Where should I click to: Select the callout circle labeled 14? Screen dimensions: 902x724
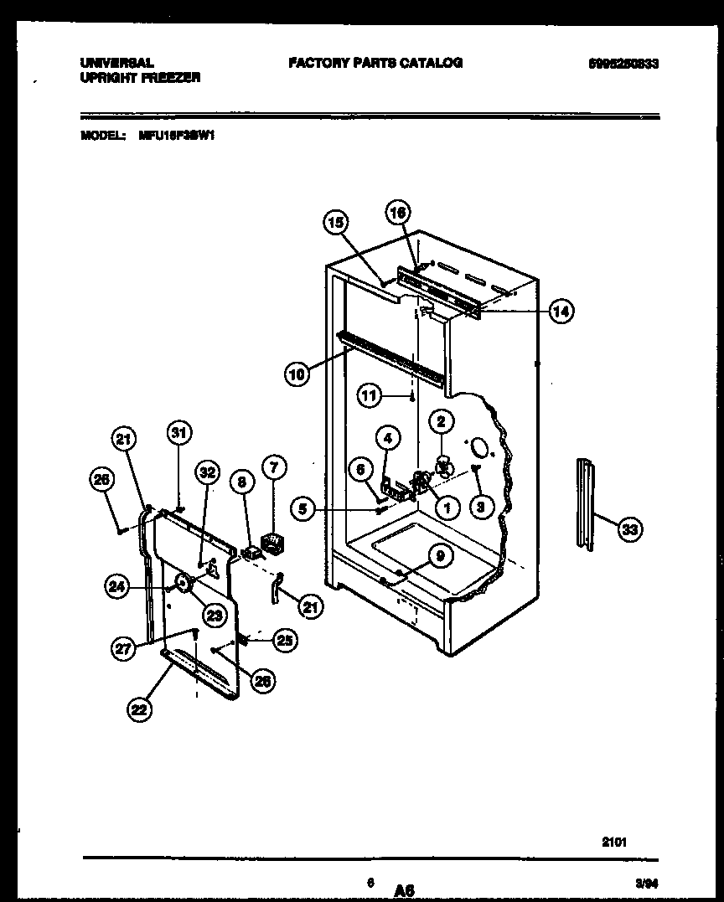point(561,312)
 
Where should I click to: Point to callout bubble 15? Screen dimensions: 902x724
point(335,222)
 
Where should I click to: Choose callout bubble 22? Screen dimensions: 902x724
point(139,709)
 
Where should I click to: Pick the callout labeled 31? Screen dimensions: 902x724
point(178,432)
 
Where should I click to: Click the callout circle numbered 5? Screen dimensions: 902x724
point(303,508)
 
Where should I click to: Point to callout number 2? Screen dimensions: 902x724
point(442,421)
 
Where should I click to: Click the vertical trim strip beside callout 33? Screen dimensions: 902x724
point(585,503)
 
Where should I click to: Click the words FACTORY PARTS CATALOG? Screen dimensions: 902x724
point(375,63)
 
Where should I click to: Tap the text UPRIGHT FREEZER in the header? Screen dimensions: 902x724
point(140,77)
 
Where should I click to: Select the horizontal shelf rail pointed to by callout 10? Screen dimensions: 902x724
point(394,356)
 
